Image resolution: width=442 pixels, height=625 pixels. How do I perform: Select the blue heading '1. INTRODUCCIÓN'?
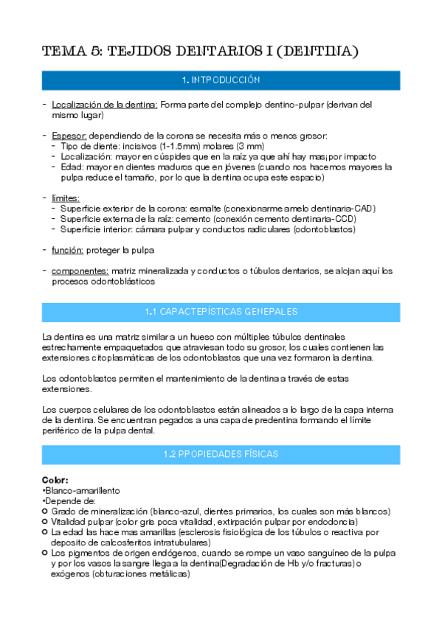pos(221,80)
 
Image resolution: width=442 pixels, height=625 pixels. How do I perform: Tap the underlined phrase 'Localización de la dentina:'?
pos(104,105)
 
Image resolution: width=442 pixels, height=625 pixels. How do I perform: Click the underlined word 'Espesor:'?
pos(69,136)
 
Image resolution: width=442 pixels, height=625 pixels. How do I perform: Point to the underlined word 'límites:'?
pos(66,198)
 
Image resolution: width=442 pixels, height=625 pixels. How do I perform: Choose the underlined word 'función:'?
pos(67,251)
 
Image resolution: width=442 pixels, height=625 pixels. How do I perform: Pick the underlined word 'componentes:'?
pos(80,271)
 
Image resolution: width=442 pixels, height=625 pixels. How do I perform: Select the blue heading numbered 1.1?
pos(221,312)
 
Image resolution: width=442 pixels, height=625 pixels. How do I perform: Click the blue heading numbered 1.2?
pos(221,455)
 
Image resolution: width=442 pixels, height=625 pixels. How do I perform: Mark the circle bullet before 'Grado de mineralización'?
pos(46,511)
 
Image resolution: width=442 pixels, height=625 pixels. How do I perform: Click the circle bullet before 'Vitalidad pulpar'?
pos(46,521)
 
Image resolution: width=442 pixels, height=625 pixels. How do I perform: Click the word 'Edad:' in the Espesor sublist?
pos(73,167)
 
